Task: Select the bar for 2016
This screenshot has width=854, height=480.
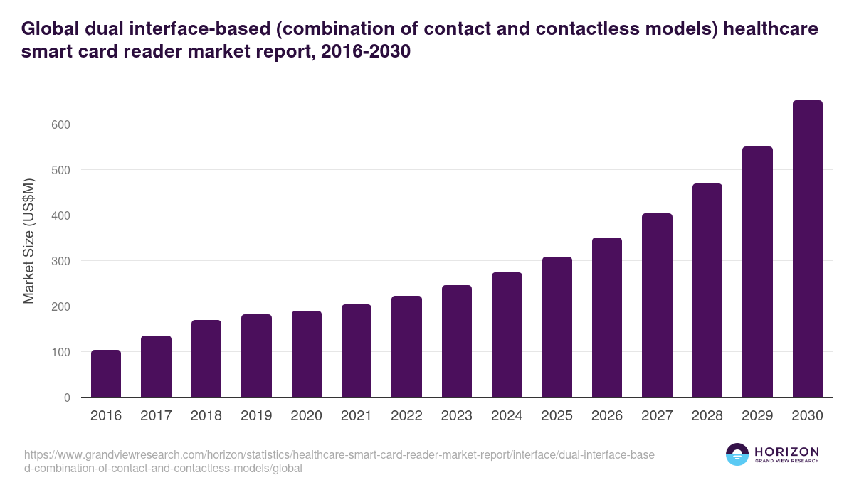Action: click(106, 373)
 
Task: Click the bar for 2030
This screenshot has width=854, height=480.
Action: click(807, 249)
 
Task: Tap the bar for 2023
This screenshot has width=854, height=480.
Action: click(457, 341)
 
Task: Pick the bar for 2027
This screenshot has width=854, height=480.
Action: click(657, 305)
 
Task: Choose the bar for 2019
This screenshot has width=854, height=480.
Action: click(256, 356)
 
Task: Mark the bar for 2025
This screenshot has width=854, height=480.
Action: click(557, 327)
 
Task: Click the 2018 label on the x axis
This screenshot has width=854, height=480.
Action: click(206, 416)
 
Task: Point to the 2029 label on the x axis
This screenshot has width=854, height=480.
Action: click(757, 416)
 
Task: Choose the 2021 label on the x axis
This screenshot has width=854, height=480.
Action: click(357, 416)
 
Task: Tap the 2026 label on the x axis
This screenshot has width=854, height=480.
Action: click(607, 416)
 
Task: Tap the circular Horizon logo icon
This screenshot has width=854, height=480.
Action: click(737, 454)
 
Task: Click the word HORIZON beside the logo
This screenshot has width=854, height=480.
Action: click(786, 452)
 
